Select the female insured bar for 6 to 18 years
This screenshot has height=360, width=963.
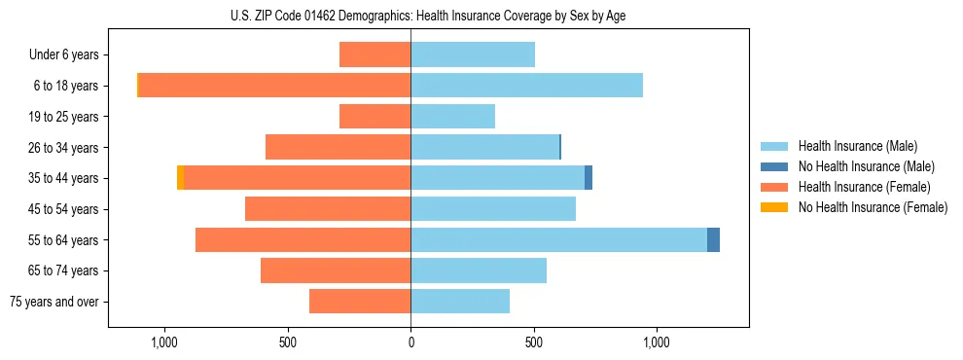click(274, 86)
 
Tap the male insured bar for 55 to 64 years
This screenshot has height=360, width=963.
click(558, 239)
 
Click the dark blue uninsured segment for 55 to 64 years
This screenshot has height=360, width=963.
click(713, 239)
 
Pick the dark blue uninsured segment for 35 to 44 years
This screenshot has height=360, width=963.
click(588, 178)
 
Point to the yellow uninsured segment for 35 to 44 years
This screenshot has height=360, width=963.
click(180, 178)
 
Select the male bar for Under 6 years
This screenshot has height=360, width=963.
click(473, 54)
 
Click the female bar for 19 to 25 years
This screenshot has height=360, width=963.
click(374, 117)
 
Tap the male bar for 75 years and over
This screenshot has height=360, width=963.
click(460, 302)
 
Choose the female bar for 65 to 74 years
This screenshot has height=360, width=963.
click(336, 270)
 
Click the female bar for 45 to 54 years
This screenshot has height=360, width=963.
click(328, 209)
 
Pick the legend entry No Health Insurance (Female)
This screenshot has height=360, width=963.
click(873, 207)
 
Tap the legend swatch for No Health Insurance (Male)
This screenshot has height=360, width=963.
click(775, 166)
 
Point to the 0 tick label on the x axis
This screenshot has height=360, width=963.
click(410, 342)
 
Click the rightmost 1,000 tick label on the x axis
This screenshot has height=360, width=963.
click(657, 342)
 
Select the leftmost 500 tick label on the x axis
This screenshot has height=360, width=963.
click(288, 342)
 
